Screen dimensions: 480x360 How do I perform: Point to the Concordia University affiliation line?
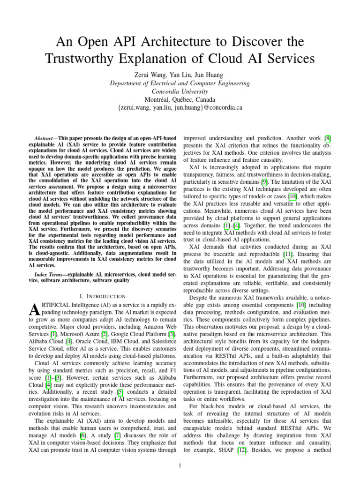point(180,91)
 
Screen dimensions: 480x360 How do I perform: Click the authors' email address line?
point(180,107)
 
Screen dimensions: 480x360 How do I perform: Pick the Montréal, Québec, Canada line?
point(180,99)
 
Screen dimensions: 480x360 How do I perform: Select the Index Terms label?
point(50,273)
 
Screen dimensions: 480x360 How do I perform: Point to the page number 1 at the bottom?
point(180,465)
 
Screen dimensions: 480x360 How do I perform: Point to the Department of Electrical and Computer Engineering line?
point(180,83)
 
